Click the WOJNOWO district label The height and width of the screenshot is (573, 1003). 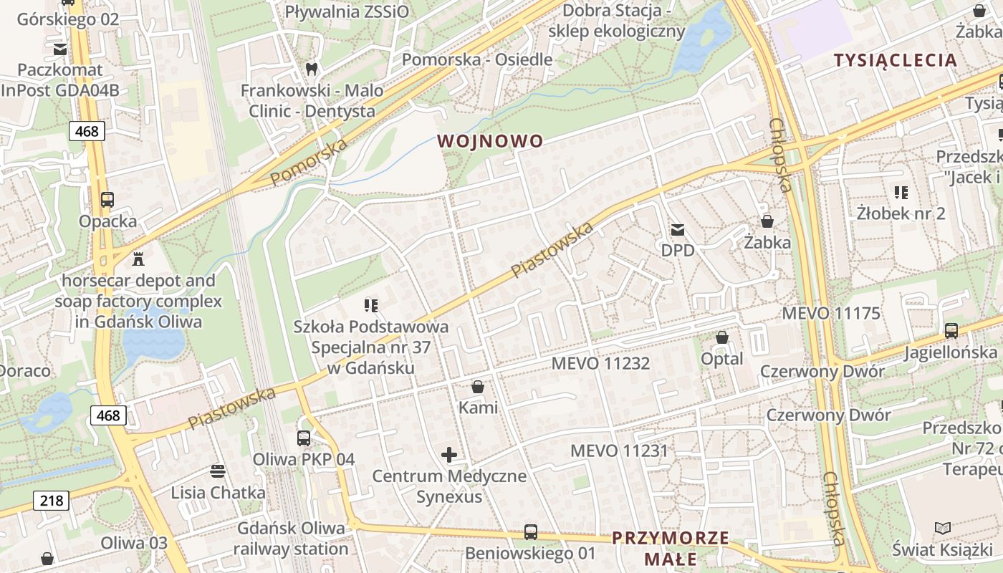[490, 141]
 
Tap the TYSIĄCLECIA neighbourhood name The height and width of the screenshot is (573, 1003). [896, 60]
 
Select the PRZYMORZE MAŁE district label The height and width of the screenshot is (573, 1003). [671, 548]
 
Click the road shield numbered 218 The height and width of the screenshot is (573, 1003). [52, 500]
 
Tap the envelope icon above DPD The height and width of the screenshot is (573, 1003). [677, 230]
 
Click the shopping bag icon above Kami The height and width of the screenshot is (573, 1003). [478, 387]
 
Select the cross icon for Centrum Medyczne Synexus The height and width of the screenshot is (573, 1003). [449, 454]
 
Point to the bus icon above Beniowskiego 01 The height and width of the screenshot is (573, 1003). [530, 531]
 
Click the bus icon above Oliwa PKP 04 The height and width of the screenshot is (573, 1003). [304, 438]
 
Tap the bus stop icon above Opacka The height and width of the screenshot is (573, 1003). [107, 200]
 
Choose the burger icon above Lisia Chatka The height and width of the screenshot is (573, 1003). [218, 471]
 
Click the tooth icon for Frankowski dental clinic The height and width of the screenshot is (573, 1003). [311, 69]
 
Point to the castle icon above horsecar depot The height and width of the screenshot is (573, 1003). [138, 259]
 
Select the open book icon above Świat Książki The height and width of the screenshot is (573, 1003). [943, 529]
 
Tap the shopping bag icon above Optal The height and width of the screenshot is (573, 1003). [722, 337]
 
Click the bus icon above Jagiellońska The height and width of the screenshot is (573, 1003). [951, 331]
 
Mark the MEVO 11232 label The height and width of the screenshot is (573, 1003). [600, 363]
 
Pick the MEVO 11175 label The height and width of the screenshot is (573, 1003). [831, 313]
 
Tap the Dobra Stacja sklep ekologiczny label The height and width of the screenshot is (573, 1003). [616, 21]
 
